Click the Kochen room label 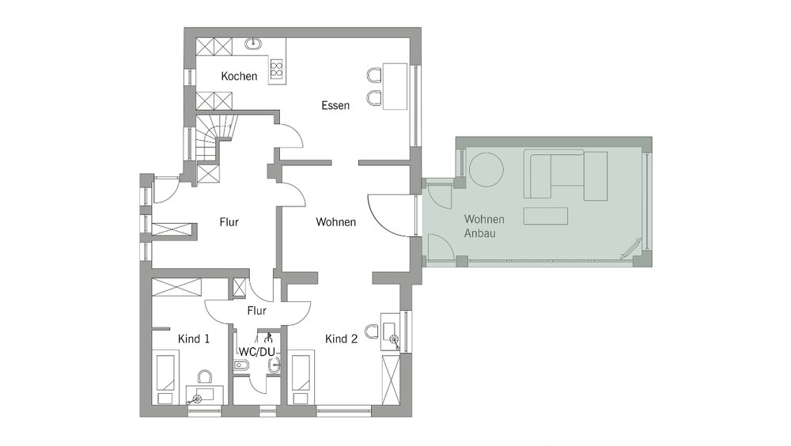(239, 76)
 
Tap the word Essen (335, 105)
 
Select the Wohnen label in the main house (336, 222)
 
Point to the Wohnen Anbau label (484, 226)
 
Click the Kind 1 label (194, 339)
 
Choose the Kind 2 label (341, 339)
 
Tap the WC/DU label (257, 352)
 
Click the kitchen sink (254, 44)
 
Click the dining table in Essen (395, 85)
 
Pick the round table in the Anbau (486, 170)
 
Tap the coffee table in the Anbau (545, 216)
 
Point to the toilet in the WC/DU (241, 365)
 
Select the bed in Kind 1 (165, 379)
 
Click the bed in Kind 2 (300, 379)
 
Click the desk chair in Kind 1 (205, 377)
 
